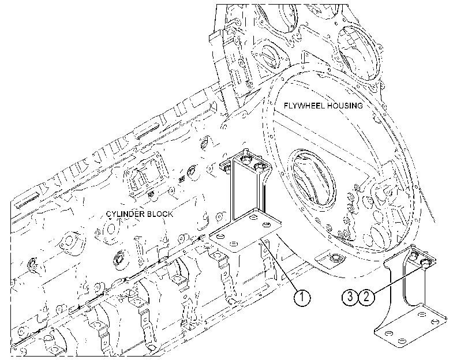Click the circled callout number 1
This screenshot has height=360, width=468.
[x=302, y=297]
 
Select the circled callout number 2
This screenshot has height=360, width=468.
[x=366, y=297]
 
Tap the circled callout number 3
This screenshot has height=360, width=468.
[x=350, y=297]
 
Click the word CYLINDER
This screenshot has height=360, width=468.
[x=125, y=214]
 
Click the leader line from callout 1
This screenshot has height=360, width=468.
[x=279, y=264]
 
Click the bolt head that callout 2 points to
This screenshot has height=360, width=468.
[x=425, y=262]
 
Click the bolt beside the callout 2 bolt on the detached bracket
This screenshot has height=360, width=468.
[x=414, y=254]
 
